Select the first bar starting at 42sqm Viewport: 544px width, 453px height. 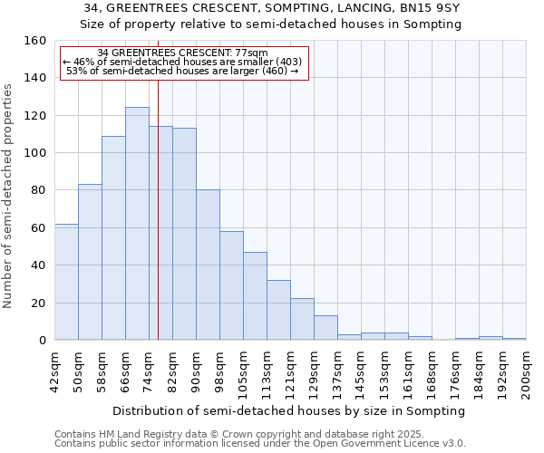pyautogui.click(x=66, y=282)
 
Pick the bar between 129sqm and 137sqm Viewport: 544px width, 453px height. pyautogui.click(x=325, y=328)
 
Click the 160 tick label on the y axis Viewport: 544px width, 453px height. pyautogui.click(x=35, y=41)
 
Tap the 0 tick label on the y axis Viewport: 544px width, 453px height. pyautogui.click(x=43, y=341)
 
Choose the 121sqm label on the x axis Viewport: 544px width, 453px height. pyautogui.click(x=290, y=371)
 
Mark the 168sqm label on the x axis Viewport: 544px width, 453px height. pyautogui.click(x=432, y=371)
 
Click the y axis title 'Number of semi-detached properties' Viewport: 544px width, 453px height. pyautogui.click(x=8, y=190)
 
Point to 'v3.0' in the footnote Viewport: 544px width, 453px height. pyautogui.click(x=454, y=443)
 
